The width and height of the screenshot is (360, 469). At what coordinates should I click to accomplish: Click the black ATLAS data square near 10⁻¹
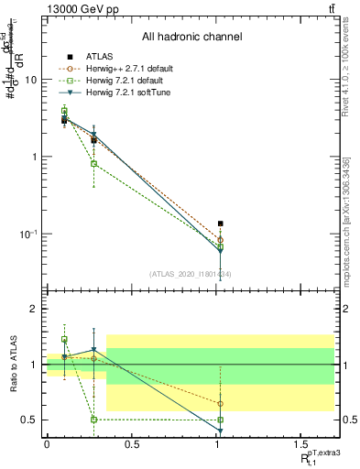[220, 223]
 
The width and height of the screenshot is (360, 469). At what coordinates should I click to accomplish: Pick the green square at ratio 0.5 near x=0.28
[94, 420]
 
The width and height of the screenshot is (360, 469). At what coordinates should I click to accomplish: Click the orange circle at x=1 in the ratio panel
[220, 403]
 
